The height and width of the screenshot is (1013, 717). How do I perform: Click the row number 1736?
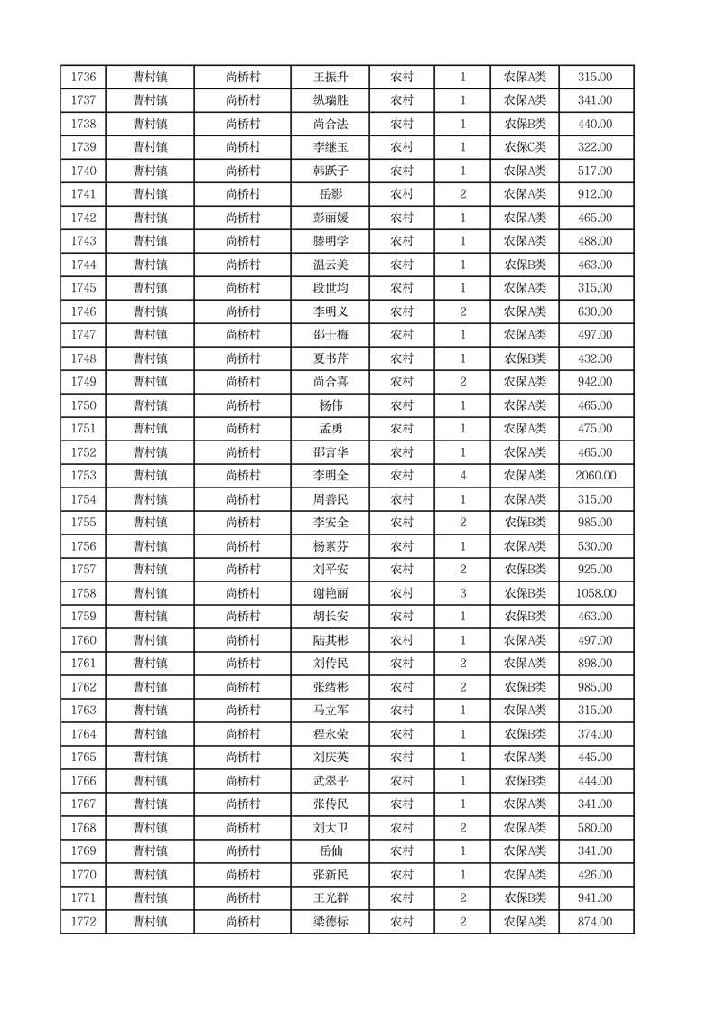click(x=83, y=78)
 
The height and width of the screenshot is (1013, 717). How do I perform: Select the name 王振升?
click(x=330, y=78)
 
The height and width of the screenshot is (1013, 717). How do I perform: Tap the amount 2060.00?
click(x=596, y=476)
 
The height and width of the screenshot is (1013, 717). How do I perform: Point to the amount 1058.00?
click(x=596, y=593)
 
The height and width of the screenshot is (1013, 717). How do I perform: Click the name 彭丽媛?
click(x=330, y=218)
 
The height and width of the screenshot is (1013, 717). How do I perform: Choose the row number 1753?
click(x=83, y=476)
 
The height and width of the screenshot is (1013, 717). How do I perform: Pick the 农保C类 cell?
click(x=525, y=147)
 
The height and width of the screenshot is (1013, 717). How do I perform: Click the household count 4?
click(x=462, y=476)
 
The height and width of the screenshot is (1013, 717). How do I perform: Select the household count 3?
click(x=462, y=593)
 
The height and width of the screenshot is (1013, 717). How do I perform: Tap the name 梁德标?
click(x=330, y=922)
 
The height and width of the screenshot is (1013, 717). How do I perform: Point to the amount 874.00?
click(x=596, y=922)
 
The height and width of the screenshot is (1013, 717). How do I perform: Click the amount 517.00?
click(x=596, y=171)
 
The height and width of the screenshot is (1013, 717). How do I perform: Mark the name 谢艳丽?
click(x=330, y=593)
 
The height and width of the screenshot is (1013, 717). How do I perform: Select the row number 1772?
click(x=83, y=922)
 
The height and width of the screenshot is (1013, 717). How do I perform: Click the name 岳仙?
click(x=330, y=851)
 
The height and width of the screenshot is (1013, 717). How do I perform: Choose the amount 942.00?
click(x=596, y=382)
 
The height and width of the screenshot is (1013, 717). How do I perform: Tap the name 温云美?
click(x=330, y=265)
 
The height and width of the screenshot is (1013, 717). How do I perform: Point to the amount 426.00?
click(x=596, y=875)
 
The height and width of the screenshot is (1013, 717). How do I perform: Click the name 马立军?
click(x=330, y=711)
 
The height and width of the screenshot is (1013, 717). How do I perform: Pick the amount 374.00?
click(x=596, y=734)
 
